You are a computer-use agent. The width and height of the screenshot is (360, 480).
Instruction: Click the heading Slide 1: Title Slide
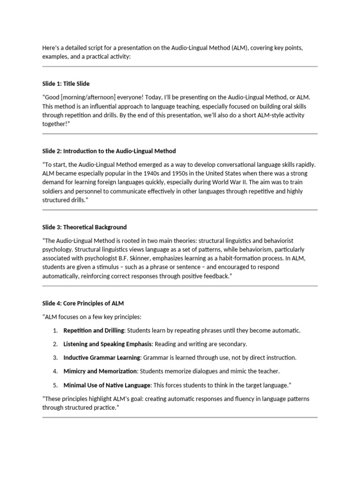(x=69, y=83)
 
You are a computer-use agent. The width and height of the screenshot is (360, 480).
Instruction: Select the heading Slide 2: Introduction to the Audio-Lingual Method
(x=109, y=151)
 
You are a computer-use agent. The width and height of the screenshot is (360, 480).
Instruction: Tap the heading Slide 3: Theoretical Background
(x=84, y=227)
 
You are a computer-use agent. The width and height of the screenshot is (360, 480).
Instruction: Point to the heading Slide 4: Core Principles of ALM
(x=83, y=303)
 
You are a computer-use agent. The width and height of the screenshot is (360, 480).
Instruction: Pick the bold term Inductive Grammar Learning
(x=102, y=358)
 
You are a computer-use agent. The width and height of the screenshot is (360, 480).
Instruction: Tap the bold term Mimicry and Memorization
(x=100, y=371)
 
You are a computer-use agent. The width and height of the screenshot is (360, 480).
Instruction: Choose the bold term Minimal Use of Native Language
(x=107, y=385)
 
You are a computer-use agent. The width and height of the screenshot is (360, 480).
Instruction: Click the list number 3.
(x=55, y=358)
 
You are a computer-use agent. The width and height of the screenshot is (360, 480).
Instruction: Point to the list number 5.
(x=55, y=385)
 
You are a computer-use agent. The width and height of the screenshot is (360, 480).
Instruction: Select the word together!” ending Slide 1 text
(x=56, y=124)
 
